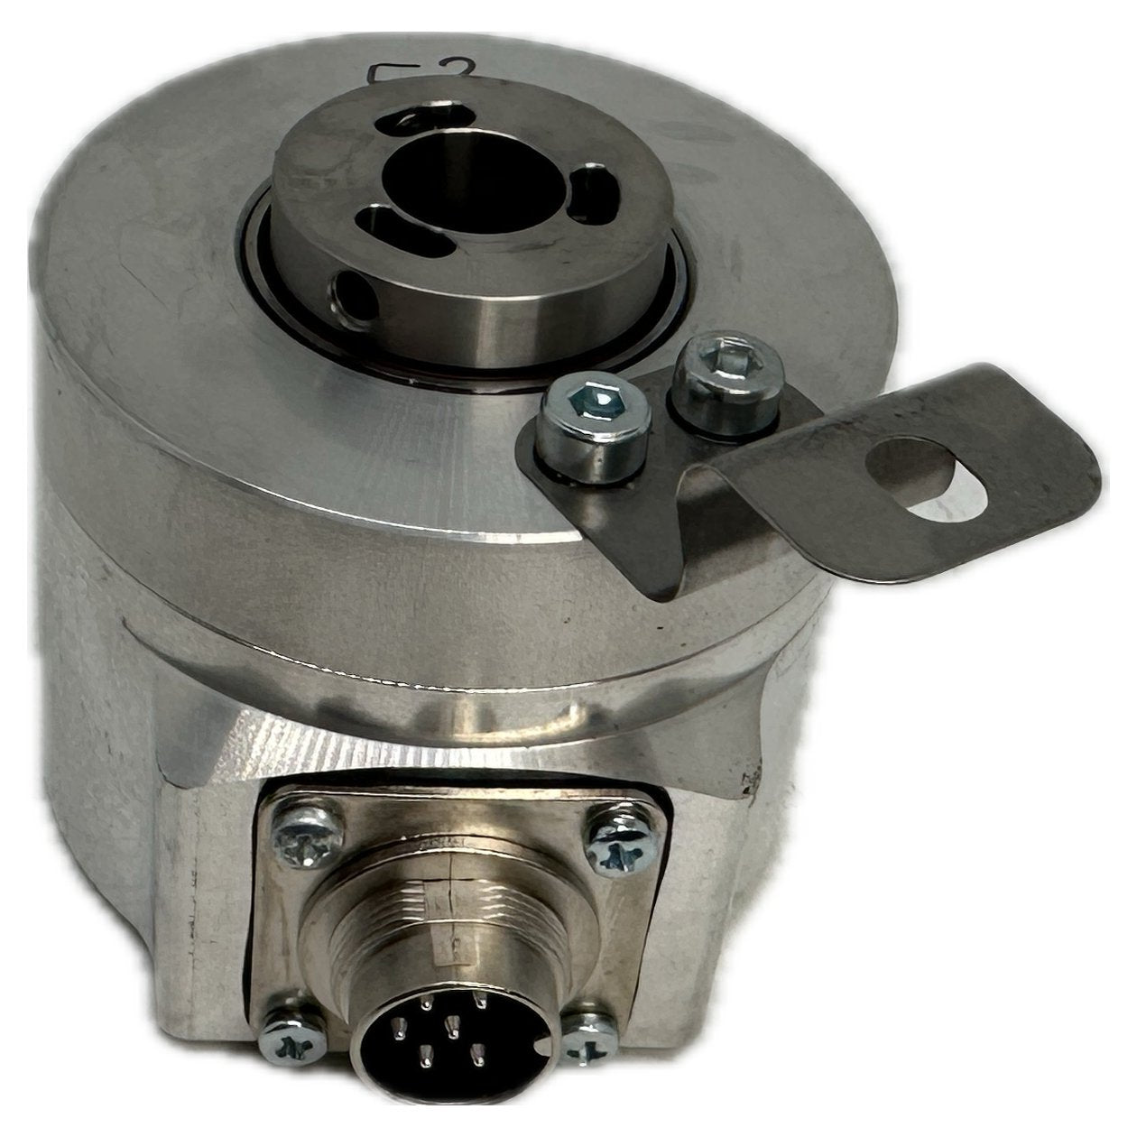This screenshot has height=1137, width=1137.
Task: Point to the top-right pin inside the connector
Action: [480, 1000]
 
